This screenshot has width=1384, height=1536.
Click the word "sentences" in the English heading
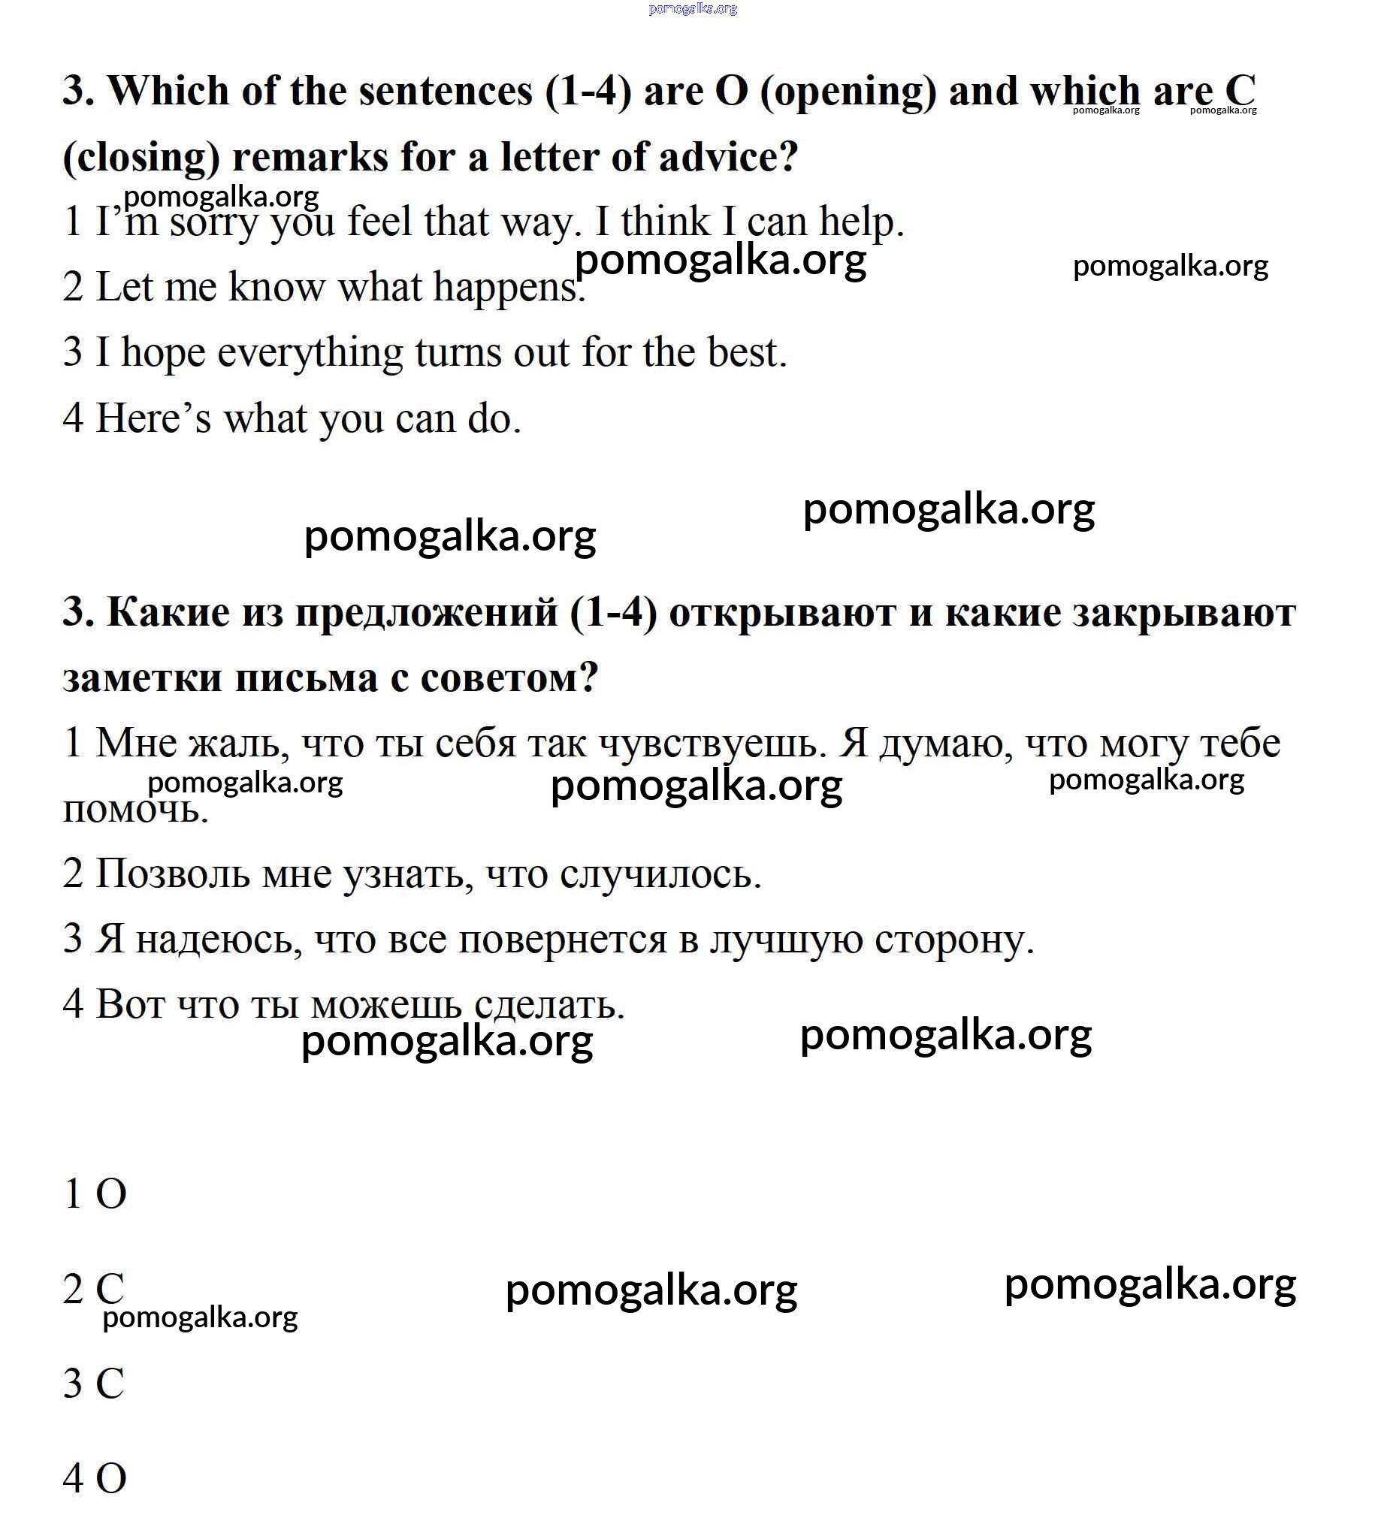[x=446, y=91]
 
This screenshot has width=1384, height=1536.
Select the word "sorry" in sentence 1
[x=213, y=222]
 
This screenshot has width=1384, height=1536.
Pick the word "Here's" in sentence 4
[x=153, y=418]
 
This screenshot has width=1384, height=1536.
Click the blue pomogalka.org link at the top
[x=693, y=9]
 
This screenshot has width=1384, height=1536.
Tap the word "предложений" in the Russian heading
[x=426, y=613]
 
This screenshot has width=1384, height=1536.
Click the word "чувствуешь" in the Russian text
[x=712, y=744]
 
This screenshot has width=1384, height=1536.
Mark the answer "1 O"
[x=95, y=1194]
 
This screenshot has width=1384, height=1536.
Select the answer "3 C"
[x=93, y=1384]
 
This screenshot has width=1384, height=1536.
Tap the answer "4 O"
[x=95, y=1478]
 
